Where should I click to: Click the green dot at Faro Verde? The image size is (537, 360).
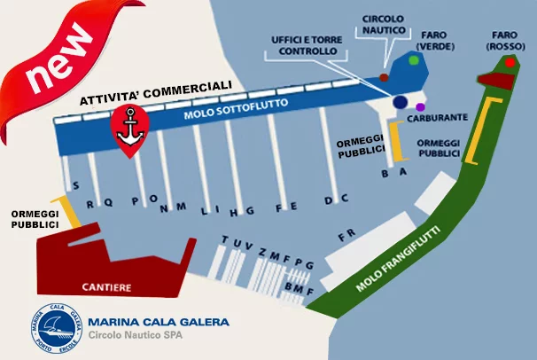click(414, 60)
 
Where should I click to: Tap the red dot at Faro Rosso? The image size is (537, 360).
click(510, 63)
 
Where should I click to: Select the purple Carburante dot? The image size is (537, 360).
click(420, 107)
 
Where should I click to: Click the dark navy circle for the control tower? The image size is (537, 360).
click(400, 102)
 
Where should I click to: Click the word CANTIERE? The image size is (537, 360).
click(106, 287)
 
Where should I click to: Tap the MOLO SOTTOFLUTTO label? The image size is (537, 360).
click(236, 108)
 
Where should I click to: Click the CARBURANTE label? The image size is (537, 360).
click(438, 118)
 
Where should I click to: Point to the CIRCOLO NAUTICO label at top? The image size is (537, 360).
click(384, 24)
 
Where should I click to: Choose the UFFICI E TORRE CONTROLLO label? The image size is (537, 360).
click(307, 45)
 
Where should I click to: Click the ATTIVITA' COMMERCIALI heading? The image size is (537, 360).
click(156, 92)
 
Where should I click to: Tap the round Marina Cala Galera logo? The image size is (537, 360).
click(57, 328)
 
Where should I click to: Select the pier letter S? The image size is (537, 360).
click(75, 185)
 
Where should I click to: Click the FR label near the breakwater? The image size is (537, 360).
click(346, 235)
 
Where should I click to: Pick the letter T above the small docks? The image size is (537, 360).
click(225, 239)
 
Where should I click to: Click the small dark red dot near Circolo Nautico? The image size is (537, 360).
click(384, 77)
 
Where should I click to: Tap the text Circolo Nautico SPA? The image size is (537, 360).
click(136, 334)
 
